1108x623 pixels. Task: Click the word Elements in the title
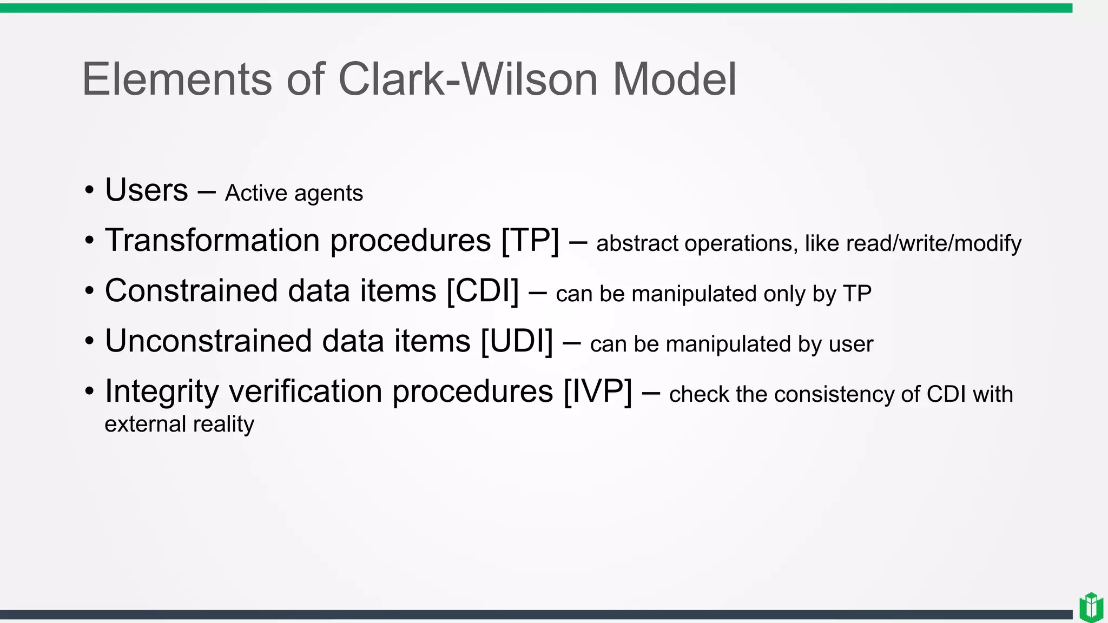click(176, 79)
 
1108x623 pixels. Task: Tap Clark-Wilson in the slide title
click(467, 79)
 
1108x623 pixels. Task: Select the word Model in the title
click(674, 79)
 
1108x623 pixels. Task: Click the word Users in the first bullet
click(146, 190)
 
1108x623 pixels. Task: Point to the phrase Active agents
click(294, 193)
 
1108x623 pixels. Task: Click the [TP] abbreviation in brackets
click(530, 241)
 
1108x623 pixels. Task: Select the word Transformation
click(212, 240)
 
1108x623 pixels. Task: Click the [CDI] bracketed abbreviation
click(483, 291)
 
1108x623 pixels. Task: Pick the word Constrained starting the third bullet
click(191, 291)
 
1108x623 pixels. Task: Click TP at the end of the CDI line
click(857, 294)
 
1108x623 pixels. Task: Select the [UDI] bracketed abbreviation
click(517, 341)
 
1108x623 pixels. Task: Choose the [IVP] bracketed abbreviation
click(597, 392)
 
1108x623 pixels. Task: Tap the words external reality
click(179, 424)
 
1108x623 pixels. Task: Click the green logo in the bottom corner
click(1091, 607)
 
